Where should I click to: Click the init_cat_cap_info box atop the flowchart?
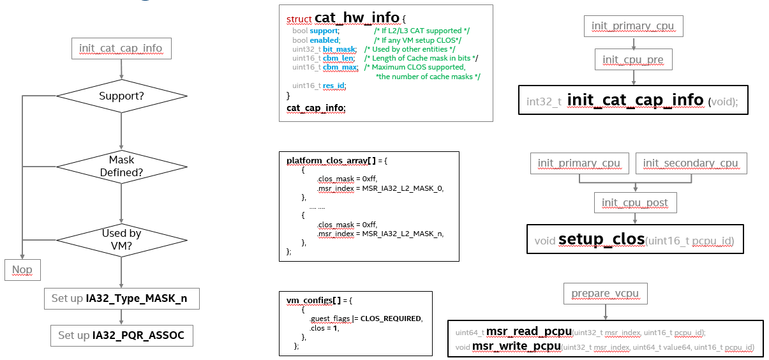tap(121, 49)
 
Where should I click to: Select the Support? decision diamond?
tap(121, 96)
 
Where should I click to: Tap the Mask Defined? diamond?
tap(121, 166)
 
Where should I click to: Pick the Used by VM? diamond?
tap(121, 240)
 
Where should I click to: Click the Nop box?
tap(22, 270)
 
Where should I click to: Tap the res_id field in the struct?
tap(335, 86)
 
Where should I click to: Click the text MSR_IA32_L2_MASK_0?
tap(402, 188)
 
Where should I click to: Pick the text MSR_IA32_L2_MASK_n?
tap(402, 233)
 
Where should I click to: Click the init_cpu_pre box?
tap(633, 60)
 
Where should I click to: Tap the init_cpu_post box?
tap(635, 203)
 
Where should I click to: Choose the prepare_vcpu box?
tap(605, 294)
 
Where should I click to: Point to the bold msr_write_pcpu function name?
tap(516, 346)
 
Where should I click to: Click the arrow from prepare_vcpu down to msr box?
tap(605, 312)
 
